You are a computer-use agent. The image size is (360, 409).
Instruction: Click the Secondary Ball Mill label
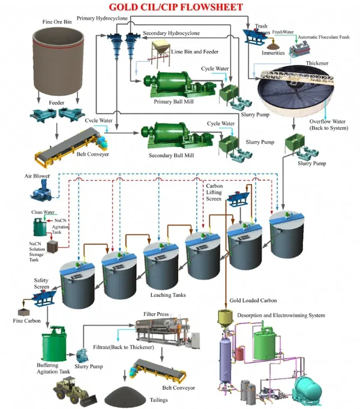173,154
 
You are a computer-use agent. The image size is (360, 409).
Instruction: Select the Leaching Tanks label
166,295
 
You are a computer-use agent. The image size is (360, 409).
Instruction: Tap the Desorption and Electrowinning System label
281,315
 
